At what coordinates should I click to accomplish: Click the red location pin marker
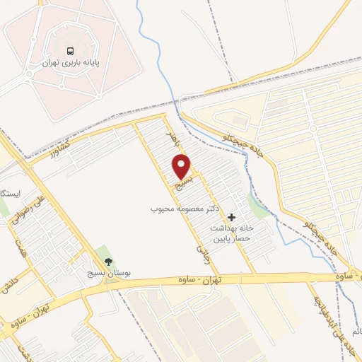tap(182, 165)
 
